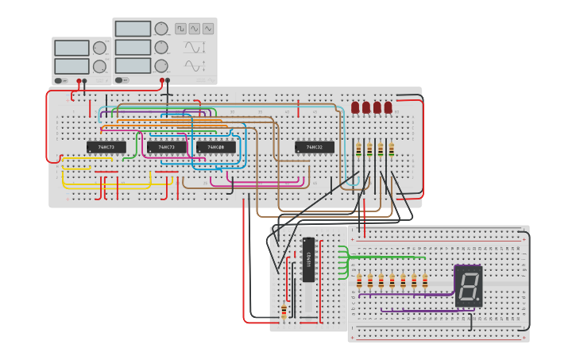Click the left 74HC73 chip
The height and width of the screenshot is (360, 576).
pos(106,147)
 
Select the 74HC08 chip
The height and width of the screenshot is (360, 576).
pos(215,147)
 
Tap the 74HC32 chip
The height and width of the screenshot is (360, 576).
pos(314,147)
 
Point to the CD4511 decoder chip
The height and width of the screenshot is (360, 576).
pos(308,259)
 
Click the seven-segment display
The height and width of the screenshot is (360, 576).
pos(468,286)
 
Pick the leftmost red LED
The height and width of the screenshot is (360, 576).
pos(355,107)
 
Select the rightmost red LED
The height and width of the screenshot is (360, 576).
pos(388,107)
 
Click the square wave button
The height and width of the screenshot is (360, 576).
pos(180,29)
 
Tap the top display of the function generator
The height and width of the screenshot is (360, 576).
pos(133,29)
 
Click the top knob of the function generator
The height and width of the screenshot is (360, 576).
pos(161,29)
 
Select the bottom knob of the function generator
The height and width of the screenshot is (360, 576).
pos(161,66)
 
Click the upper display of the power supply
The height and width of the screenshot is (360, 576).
pos(72,48)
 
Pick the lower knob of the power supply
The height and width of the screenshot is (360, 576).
pos(99,66)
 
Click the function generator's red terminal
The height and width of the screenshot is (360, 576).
pos(162,80)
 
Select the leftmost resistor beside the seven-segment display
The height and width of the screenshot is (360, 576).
pos(359,281)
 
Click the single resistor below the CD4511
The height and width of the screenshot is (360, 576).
pos(284,311)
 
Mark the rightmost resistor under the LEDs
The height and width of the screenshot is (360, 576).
pos(391,149)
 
